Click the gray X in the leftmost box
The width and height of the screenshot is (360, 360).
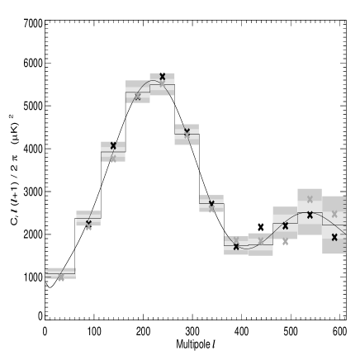[x=60, y=277]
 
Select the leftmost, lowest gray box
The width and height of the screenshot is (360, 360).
[x=60, y=273]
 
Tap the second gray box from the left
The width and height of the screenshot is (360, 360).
[x=88, y=218]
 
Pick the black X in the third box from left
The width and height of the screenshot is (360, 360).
[x=113, y=145]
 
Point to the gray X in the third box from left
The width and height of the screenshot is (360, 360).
[x=113, y=158]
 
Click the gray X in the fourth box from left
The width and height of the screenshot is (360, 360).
[x=137, y=97]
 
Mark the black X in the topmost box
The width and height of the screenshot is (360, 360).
[x=162, y=76]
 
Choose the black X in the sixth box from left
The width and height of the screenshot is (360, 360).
[x=187, y=131]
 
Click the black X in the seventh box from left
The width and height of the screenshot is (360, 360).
[x=211, y=203]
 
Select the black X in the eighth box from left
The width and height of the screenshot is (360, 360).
[x=236, y=246]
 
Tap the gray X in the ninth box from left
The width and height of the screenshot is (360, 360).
[x=261, y=241]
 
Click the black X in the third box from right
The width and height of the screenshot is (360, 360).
[x=285, y=225]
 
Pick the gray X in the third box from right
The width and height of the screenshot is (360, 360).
[x=285, y=242]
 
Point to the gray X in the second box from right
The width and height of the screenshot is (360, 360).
[x=310, y=199]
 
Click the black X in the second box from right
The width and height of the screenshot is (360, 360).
[x=310, y=215]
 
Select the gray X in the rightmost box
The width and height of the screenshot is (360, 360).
[x=334, y=214]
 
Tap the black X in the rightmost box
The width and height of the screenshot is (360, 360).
[x=334, y=237]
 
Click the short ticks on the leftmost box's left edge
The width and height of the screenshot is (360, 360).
[x=46, y=273]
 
